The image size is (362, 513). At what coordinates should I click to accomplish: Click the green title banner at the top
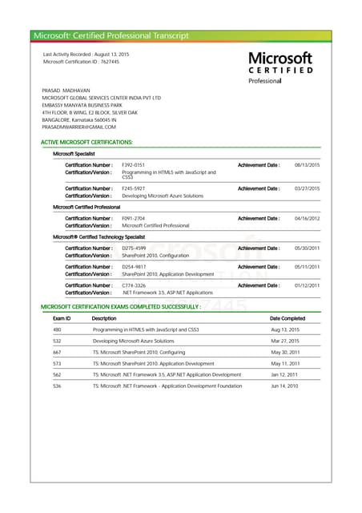pos(180,35)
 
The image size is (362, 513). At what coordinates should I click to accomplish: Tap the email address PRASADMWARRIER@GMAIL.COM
pos(79,127)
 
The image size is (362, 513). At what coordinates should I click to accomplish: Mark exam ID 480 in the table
pos(57,329)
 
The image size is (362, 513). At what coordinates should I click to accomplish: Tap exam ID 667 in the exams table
pos(57,352)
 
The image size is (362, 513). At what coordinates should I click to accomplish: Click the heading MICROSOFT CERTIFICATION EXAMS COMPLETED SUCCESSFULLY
pos(120,307)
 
